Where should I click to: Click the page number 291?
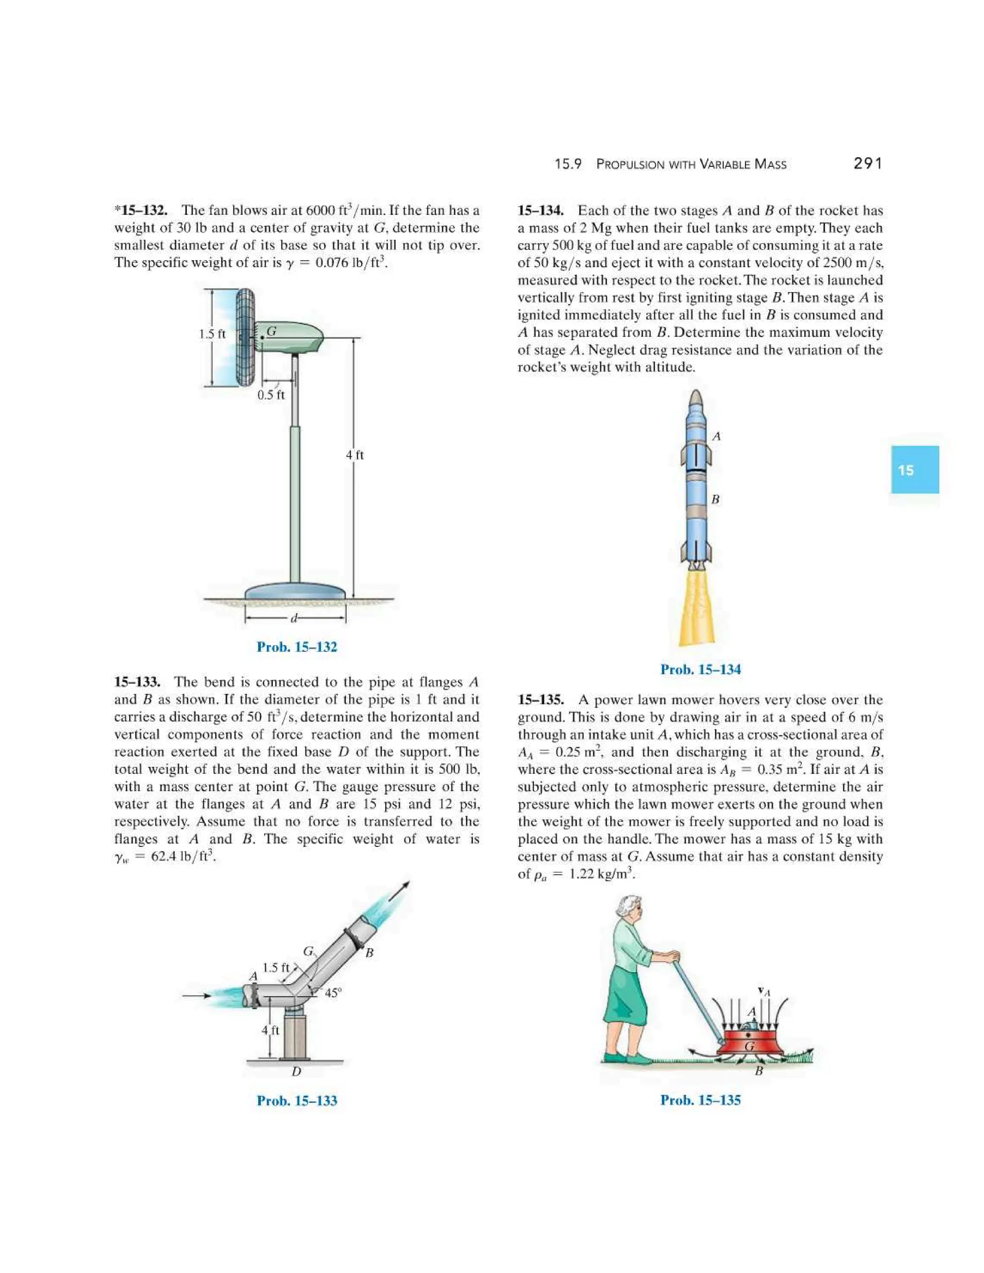[867, 164]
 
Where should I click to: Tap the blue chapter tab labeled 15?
[914, 470]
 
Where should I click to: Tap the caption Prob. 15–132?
[297, 647]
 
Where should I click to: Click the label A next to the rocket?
[716, 436]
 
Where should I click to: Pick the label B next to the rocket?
[715, 500]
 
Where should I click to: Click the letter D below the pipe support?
[296, 1071]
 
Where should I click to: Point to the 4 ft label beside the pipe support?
[271, 1030]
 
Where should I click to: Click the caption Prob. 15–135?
[700, 1100]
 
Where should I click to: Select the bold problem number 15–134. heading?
[541, 210]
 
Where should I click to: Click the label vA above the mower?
[763, 991]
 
